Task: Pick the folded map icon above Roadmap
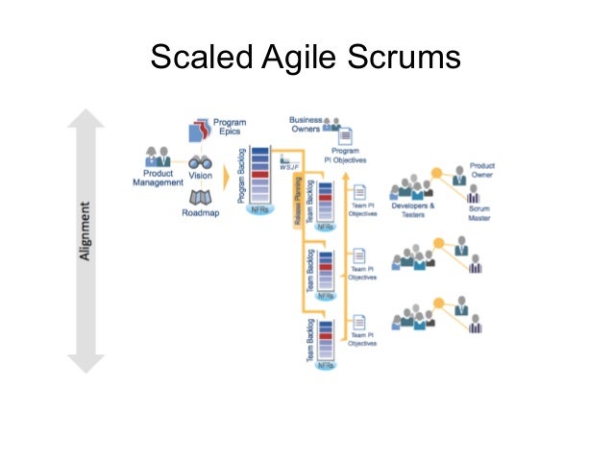(x=200, y=197)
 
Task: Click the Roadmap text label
(x=200, y=213)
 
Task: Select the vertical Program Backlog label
(x=240, y=180)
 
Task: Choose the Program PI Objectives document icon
(x=346, y=136)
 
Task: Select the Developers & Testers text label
(x=414, y=209)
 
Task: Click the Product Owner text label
(x=481, y=170)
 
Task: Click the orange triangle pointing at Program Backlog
(x=228, y=178)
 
